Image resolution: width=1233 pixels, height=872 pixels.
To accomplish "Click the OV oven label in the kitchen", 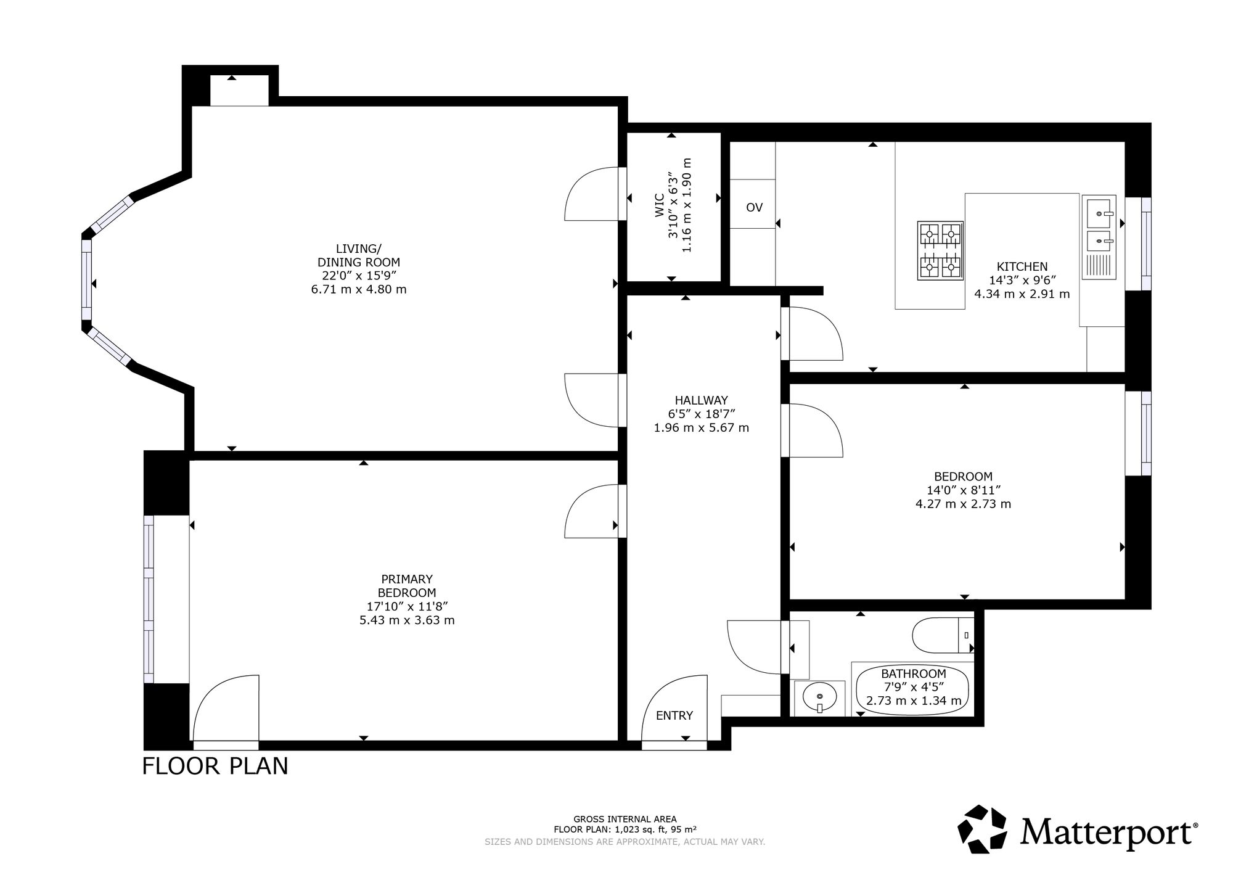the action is [x=754, y=208].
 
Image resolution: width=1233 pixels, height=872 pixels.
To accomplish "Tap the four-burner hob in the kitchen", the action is [x=940, y=251].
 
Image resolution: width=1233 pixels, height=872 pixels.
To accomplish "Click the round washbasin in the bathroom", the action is [x=819, y=698].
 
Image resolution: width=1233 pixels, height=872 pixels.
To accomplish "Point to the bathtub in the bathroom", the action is [x=912, y=689].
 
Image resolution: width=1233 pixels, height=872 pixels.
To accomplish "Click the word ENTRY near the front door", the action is [x=674, y=715].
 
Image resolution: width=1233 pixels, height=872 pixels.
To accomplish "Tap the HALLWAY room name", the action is [x=701, y=400].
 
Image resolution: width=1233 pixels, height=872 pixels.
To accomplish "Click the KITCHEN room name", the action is [x=1022, y=266].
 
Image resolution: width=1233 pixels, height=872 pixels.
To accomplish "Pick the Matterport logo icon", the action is [x=985, y=829].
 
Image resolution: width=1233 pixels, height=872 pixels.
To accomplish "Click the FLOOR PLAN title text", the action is [x=215, y=766].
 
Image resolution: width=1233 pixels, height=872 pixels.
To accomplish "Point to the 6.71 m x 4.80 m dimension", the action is [x=359, y=289].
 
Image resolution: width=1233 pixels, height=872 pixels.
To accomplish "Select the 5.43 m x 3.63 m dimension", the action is [x=407, y=620].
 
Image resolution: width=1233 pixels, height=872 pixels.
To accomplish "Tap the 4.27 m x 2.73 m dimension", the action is [x=963, y=504].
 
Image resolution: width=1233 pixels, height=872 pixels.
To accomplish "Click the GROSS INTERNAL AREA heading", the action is [x=625, y=820].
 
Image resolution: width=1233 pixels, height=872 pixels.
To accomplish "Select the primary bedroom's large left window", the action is [x=149, y=599].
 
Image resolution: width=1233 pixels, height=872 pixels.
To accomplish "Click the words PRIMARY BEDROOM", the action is [x=407, y=586].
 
